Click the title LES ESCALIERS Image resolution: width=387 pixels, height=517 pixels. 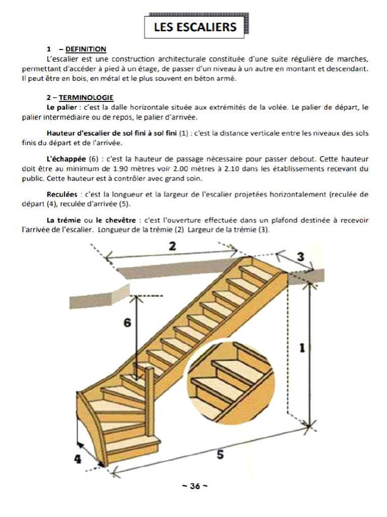tap(195, 27)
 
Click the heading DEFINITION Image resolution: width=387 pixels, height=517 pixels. tap(86, 49)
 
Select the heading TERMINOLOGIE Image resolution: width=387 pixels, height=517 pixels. tap(86, 97)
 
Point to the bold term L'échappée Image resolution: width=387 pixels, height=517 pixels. tap(66, 159)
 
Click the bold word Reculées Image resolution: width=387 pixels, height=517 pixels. tap(62, 194)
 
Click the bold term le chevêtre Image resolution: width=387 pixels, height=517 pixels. tap(115, 220)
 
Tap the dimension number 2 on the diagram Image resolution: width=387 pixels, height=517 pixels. tap(172, 246)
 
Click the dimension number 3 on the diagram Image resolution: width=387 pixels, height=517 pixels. tap(300, 256)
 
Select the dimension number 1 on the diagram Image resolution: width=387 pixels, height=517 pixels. tap(302, 348)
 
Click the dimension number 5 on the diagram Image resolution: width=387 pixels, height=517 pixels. tap(220, 454)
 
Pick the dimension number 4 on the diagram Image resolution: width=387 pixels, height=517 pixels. tap(78, 459)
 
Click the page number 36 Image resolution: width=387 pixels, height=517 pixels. tap(195, 486)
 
